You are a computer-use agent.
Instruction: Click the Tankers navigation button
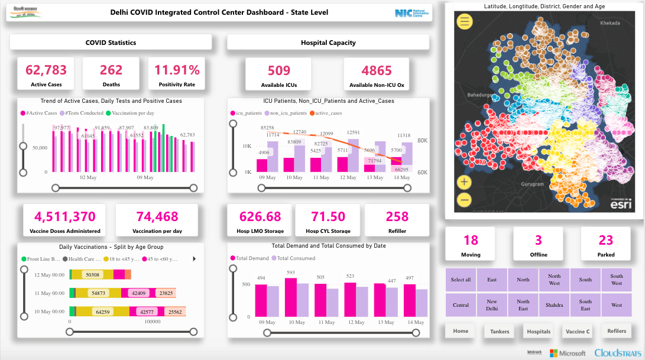(x=499, y=332)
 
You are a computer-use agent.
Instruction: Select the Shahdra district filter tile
(x=554, y=305)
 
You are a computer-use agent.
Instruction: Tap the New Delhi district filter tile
(x=492, y=305)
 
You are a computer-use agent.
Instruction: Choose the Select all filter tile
(x=461, y=280)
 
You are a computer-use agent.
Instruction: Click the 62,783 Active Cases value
(x=46, y=70)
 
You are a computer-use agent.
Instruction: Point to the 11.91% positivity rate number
(x=177, y=70)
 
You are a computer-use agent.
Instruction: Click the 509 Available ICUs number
(x=279, y=71)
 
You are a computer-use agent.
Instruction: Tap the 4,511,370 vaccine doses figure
(x=65, y=217)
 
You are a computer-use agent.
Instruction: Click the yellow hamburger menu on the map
(x=465, y=22)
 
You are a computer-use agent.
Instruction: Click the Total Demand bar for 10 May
(x=290, y=298)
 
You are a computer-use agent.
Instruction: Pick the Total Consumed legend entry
(x=293, y=258)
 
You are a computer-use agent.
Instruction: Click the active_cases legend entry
(x=329, y=112)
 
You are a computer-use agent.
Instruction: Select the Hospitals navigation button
(x=539, y=332)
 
